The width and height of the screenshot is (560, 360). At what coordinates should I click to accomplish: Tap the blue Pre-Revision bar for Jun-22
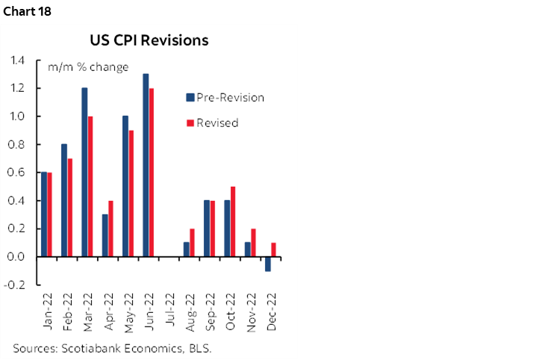tap(146, 165)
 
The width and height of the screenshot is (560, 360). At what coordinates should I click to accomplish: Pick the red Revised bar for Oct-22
tap(234, 221)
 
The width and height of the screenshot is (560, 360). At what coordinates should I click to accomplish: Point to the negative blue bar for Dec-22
tap(268, 264)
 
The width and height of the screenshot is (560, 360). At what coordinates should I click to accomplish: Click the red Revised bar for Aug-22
tap(193, 242)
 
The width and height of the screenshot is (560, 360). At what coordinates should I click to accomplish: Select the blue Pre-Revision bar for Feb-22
tap(64, 200)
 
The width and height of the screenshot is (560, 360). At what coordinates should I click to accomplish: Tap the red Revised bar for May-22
tap(132, 193)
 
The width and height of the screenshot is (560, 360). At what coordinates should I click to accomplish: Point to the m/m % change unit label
tap(88, 67)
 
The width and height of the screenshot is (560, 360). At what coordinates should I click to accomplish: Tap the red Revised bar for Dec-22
tap(275, 249)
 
